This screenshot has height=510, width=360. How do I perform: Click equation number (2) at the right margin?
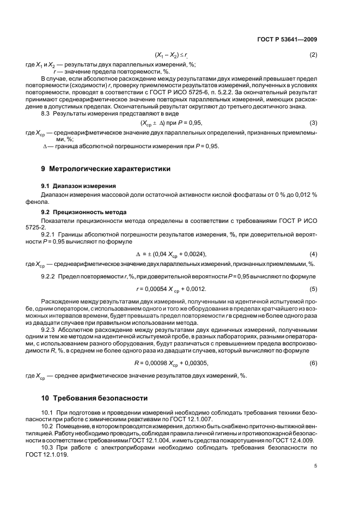tap(313, 55)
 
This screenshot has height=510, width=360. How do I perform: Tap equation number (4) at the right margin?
tap(313, 254)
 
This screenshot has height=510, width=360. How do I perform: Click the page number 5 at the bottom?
tap(315, 466)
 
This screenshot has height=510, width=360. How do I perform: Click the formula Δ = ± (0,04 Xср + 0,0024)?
tap(170, 254)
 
